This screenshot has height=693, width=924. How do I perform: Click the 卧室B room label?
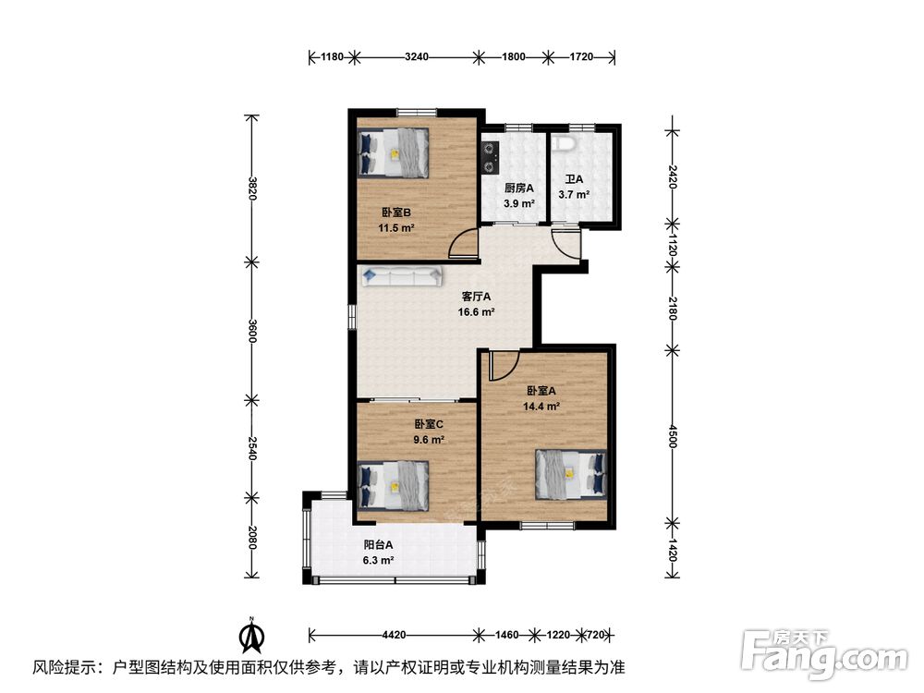tap(396, 213)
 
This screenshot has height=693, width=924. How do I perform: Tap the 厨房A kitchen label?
tap(519, 188)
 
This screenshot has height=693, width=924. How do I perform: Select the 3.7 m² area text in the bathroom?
tap(574, 194)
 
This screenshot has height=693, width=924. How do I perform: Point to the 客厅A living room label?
tap(476, 297)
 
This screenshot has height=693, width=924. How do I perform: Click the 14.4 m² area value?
tap(541, 406)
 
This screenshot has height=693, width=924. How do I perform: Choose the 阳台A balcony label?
tap(378, 545)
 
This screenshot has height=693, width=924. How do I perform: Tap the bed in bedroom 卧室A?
tap(571, 474)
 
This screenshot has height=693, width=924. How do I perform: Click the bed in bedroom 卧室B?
tap(393, 152)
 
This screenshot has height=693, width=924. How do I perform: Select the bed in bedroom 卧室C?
tap(393, 486)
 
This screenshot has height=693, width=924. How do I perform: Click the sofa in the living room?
tap(403, 275)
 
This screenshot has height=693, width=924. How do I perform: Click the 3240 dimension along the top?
tap(417, 57)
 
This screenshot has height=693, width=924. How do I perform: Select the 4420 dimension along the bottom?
tap(395, 636)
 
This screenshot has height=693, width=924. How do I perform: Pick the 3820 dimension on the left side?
tap(252, 188)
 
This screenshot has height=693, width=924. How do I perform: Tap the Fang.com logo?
tap(824, 653)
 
